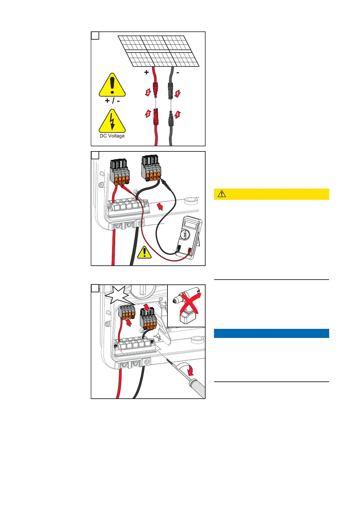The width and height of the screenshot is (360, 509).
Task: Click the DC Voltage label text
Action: tap(112, 136)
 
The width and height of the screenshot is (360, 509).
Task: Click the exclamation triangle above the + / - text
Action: tap(112, 86)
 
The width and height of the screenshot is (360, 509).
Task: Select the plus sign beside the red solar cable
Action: tap(147, 73)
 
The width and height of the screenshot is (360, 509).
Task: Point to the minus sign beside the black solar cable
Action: tap(177, 73)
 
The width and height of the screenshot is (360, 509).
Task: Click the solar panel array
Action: tap(159, 51)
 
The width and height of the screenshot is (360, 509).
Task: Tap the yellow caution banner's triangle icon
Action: tap(222, 194)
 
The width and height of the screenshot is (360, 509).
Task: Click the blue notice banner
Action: tap(271, 333)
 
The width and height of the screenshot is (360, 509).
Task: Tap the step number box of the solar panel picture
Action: tap(95, 36)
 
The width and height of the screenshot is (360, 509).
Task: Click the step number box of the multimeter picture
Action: tap(95, 155)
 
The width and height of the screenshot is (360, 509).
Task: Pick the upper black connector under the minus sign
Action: tap(170, 90)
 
